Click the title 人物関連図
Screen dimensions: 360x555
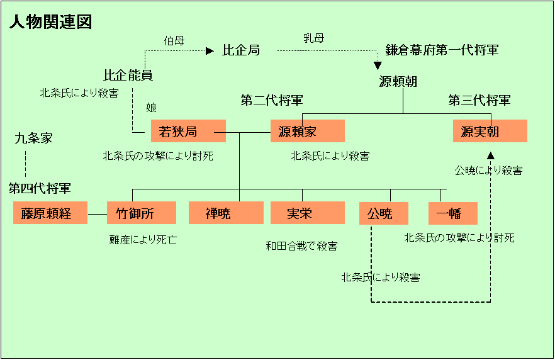51,23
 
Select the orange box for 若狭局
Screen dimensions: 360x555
188,131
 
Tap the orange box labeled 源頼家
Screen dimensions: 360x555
308,131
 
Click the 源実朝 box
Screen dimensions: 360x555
490,131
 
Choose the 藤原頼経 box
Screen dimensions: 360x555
50,213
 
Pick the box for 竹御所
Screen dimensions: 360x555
144,213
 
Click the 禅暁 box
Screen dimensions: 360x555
226,213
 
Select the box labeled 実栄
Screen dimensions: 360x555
308,213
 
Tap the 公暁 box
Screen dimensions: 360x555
384,213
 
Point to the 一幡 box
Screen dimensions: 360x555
452,213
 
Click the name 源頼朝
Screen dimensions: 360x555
398,82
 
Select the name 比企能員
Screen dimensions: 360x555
128,76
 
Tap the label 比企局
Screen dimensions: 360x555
241,50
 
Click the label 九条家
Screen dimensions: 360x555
33,138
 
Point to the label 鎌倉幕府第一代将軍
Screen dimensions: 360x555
442,50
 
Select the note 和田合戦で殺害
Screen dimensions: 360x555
301,246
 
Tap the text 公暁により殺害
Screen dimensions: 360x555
488,171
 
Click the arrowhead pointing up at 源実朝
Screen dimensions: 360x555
491,154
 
